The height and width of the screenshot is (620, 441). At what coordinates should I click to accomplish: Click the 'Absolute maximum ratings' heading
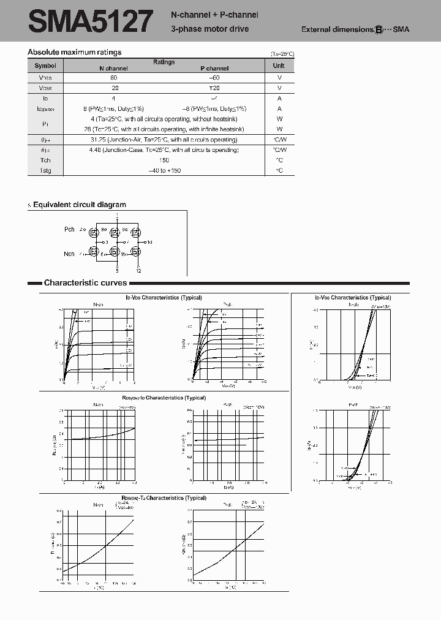coord(75,52)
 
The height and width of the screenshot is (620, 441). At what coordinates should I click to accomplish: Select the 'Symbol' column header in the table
coord(45,66)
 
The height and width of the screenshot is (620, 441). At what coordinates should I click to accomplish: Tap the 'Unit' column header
coord(279,66)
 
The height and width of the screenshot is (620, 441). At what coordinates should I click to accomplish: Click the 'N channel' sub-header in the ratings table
coord(113,69)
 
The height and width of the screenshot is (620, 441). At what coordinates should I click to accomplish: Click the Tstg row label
coord(45,171)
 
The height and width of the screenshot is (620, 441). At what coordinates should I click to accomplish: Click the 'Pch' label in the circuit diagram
coord(69,230)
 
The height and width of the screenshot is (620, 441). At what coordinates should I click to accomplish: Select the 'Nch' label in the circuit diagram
coord(69,254)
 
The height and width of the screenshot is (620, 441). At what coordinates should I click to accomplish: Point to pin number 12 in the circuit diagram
coord(139,270)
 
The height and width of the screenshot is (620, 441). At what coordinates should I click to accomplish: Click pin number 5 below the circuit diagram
coord(117,270)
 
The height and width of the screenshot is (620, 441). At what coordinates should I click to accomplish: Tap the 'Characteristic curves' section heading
coord(85,283)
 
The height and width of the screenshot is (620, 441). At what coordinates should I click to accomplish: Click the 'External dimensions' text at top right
coord(337,29)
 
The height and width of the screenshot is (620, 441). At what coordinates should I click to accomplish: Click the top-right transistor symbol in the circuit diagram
coord(137,233)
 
